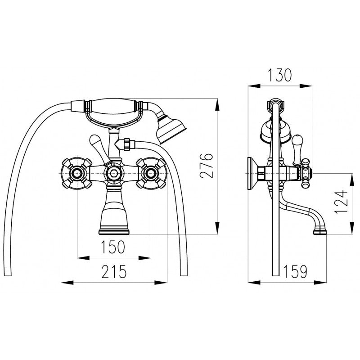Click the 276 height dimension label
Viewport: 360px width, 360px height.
click(207, 166)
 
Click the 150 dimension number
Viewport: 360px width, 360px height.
click(113, 247)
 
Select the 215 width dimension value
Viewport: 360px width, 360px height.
click(114, 272)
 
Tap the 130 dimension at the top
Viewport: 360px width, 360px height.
click(280, 75)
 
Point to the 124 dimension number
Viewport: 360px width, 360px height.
click(341, 202)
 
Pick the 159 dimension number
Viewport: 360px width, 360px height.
click(296, 271)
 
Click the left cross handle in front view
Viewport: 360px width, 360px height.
click(77, 173)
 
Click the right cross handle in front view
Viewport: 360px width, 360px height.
click(151, 173)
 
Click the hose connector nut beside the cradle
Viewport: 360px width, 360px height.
click(127, 144)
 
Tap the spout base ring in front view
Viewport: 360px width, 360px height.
click(114, 232)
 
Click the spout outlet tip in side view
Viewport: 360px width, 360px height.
click(320, 230)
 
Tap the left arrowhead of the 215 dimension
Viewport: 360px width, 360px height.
click(67, 282)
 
